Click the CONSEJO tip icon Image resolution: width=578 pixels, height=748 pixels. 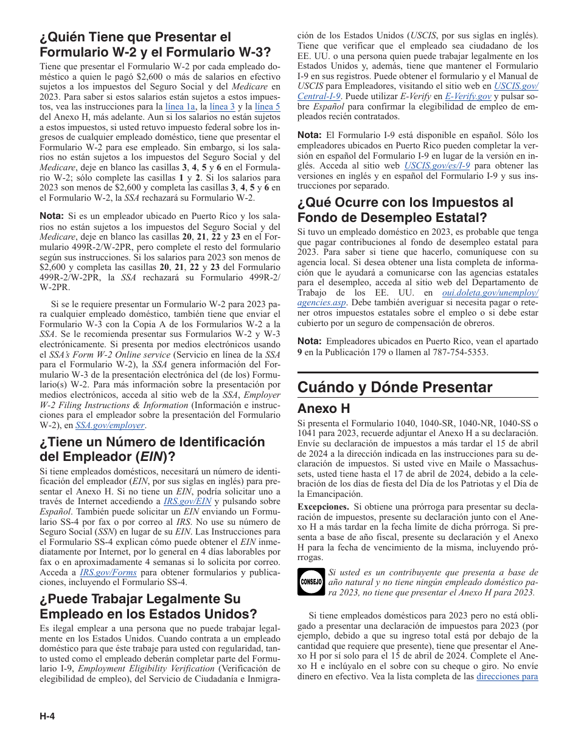click(x=311, y=581)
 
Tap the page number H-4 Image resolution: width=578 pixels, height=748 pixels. click(x=47, y=716)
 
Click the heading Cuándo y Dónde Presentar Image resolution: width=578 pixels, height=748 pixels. click(x=395, y=387)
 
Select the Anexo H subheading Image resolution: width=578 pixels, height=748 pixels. click(x=323, y=408)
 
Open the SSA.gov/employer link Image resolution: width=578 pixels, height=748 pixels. click(x=110, y=425)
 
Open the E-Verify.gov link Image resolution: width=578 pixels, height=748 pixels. click(x=468, y=96)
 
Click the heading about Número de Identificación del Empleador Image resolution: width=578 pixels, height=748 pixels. click(x=152, y=449)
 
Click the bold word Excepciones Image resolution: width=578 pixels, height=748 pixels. click(x=323, y=507)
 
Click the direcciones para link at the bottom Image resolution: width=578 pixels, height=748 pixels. click(x=507, y=676)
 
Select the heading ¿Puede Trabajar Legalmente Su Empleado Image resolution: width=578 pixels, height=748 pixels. click(x=148, y=606)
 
